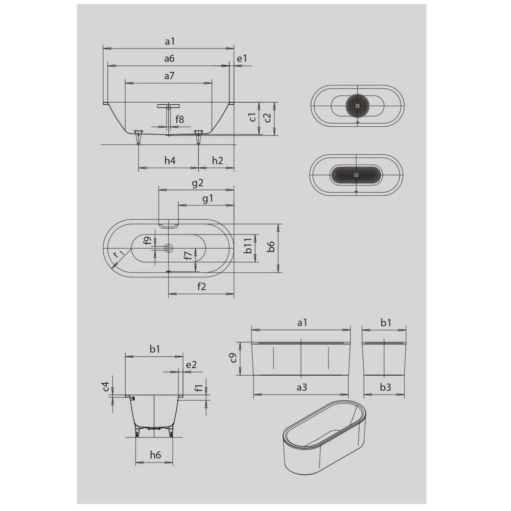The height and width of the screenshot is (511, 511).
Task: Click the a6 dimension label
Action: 169,59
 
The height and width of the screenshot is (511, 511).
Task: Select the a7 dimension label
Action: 169,76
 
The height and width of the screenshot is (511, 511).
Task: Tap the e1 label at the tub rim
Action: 242,59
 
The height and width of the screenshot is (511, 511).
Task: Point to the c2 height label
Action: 267,118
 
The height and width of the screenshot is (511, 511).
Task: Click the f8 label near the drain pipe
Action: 179,120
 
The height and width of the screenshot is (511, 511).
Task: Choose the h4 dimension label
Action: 170,160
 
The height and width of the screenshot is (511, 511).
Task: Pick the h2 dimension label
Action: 217,160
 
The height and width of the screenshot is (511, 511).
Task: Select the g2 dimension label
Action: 198,182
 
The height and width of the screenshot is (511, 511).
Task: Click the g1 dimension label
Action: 207,199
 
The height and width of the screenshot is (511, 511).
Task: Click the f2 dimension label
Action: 201,287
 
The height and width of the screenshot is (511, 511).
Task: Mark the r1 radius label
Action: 118,254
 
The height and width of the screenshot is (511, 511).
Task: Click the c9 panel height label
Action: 233,358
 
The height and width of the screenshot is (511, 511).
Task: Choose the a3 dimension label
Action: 301,387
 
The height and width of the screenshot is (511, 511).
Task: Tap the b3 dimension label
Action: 385,387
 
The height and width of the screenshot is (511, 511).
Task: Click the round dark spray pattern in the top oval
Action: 358,105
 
